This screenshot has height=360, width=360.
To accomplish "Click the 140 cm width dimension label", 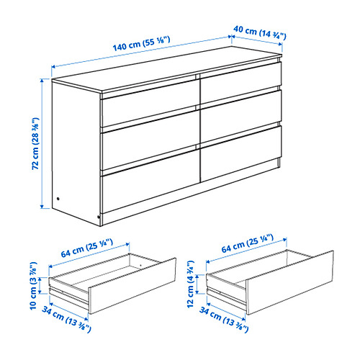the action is (x=142, y=44).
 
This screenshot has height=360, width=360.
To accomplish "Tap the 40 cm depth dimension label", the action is (x=260, y=32).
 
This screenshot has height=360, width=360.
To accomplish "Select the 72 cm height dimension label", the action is (x=35, y=143).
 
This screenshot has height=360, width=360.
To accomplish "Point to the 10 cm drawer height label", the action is (x=33, y=286).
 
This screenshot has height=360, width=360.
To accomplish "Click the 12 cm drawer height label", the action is (x=190, y=284).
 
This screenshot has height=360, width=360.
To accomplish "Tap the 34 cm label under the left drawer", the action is (x=66, y=319).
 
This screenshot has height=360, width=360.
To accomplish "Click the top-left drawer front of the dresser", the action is (x=150, y=104).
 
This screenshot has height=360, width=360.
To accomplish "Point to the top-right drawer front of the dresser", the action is (x=240, y=83).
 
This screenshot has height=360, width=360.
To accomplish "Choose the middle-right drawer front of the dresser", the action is (x=240, y=117).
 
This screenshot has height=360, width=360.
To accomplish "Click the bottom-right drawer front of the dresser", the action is (x=240, y=153).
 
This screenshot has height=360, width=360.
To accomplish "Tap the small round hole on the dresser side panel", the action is (x=58, y=199).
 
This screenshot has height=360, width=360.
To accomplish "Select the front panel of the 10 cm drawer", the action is (x=132, y=286).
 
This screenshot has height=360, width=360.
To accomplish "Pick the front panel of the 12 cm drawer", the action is (x=289, y=283).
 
